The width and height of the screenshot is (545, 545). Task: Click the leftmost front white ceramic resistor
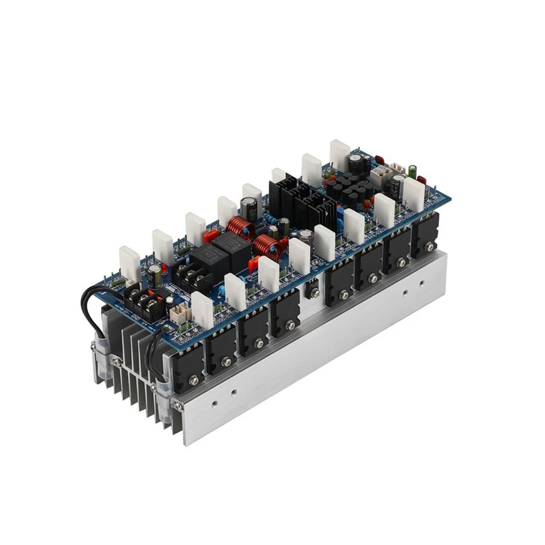202,311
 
